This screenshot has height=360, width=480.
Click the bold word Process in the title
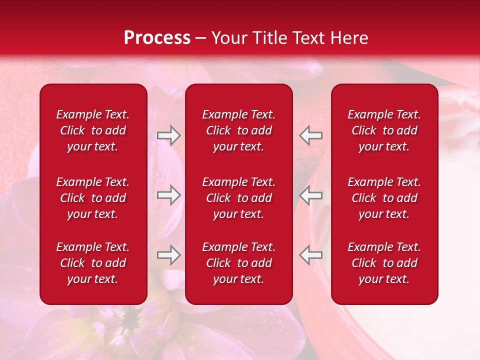157,38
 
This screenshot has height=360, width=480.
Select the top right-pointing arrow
168,135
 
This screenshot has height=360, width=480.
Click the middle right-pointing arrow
168,195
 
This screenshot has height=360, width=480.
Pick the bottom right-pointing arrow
168,255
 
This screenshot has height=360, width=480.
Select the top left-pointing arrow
310,135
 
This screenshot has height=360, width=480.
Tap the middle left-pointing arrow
310,195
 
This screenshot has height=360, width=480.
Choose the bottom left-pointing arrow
310,255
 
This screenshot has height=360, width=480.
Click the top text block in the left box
93,130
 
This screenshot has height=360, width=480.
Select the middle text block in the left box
93,198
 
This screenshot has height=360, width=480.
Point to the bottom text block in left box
93,263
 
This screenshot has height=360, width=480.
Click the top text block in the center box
239,130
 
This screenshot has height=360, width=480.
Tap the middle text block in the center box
239,198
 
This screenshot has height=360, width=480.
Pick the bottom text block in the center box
239,263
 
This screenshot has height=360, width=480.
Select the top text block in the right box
384,130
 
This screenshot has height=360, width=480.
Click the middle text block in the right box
384,198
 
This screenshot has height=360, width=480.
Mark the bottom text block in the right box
384,263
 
